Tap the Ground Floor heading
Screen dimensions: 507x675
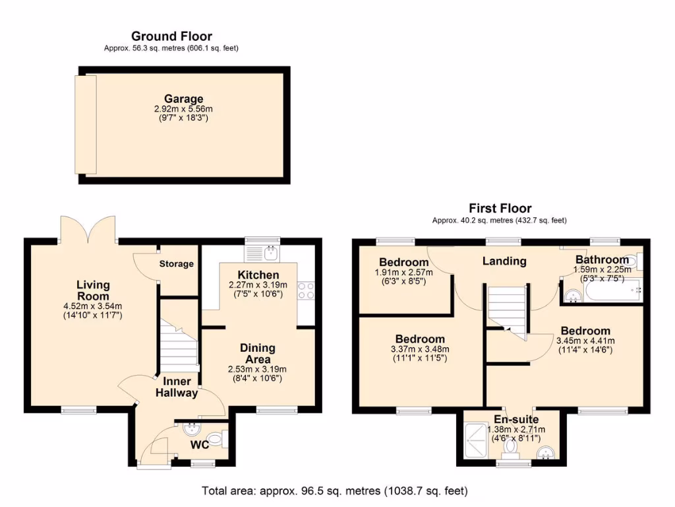[171, 36]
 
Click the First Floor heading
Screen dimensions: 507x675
[500, 208]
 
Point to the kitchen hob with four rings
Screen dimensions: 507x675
[306, 291]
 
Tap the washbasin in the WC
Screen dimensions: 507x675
[192, 428]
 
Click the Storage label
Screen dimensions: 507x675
[177, 264]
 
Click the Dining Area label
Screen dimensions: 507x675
[258, 353]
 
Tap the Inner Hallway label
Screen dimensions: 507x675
[176, 388]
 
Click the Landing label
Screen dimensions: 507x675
[504, 261]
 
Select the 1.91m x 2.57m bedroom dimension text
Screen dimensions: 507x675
[403, 272]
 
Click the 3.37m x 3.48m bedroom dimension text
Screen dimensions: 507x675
[419, 349]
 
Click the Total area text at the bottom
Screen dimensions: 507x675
[335, 491]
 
